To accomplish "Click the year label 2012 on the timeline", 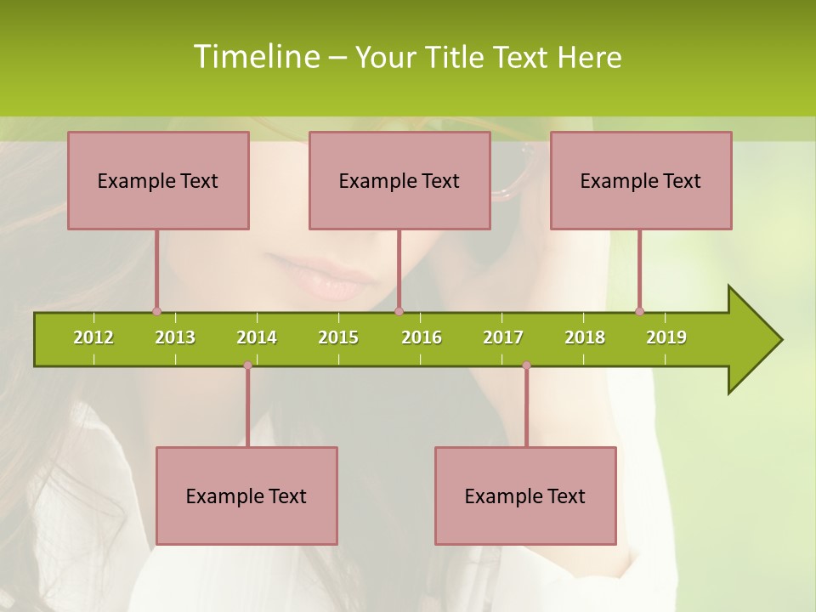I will pyautogui.click(x=93, y=337).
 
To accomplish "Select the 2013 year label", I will pyautogui.click(x=175, y=337).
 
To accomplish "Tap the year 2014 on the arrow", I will pyautogui.click(x=257, y=337).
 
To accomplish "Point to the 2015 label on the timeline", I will pyautogui.click(x=338, y=337).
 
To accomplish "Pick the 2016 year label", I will pyautogui.click(x=422, y=337).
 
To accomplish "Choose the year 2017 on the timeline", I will pyautogui.click(x=503, y=337).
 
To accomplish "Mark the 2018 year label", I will pyautogui.click(x=585, y=337).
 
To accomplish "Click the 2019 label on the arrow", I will pyautogui.click(x=666, y=337).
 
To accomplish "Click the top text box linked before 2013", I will pyautogui.click(x=158, y=180).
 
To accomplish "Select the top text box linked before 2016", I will pyautogui.click(x=399, y=180).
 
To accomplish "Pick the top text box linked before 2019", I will pyautogui.click(x=641, y=180).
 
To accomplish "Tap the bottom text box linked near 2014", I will pyautogui.click(x=246, y=496).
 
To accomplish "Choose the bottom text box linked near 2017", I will pyautogui.click(x=525, y=496).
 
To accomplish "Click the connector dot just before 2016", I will pyautogui.click(x=399, y=311).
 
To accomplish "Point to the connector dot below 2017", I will pyautogui.click(x=526, y=365).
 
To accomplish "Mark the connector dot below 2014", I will pyautogui.click(x=247, y=365).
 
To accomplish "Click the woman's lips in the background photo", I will pyautogui.click(x=319, y=276).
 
